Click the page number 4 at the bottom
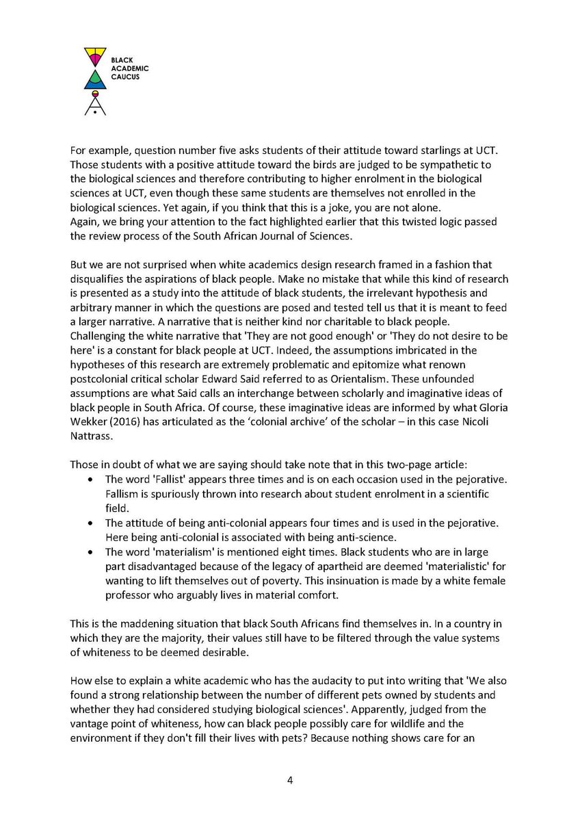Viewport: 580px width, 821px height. [290, 778]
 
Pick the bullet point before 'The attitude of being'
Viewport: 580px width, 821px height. [91, 523]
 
